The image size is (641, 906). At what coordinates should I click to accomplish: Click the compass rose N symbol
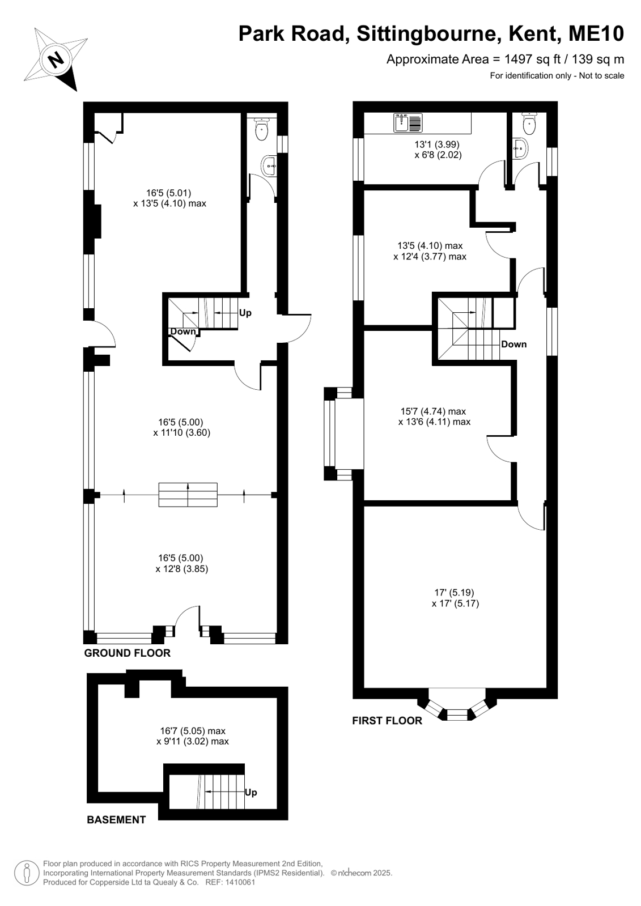tap(56, 60)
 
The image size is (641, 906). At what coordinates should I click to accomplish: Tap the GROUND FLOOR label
tap(127, 653)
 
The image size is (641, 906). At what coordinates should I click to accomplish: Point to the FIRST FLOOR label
tap(387, 720)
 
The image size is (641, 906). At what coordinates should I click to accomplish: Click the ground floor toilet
tap(262, 129)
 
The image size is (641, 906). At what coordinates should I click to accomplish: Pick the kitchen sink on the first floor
tap(408, 122)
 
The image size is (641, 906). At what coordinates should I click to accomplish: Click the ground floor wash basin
tap(270, 165)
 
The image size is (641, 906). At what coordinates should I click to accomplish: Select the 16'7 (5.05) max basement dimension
tap(193, 731)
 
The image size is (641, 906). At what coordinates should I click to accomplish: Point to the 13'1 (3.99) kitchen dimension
tap(437, 144)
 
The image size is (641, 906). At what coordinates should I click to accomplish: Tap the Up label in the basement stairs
tap(251, 792)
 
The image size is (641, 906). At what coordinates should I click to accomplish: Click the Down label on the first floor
tap(514, 344)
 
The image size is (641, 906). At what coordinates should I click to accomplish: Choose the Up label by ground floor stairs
tap(245, 313)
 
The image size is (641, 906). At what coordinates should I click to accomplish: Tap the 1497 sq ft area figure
tap(533, 59)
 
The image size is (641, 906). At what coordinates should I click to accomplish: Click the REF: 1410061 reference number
tap(230, 882)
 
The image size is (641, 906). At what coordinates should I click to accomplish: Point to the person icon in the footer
tap(27, 873)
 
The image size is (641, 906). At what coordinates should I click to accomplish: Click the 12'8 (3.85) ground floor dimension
tap(182, 569)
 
